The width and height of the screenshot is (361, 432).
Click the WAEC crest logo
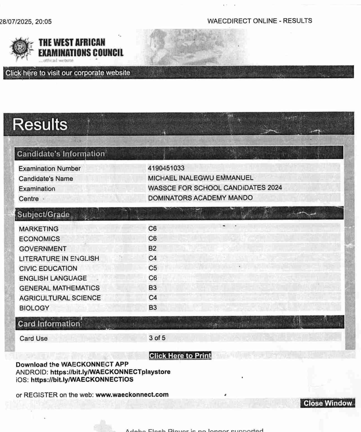[21, 48]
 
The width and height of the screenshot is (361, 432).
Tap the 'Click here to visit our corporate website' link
[68, 73]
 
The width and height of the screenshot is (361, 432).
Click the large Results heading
[40, 124]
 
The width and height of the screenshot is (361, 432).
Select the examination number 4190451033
[166, 168]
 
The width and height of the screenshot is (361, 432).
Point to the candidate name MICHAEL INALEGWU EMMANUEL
[200, 178]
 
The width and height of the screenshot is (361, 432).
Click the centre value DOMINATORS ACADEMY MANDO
[200, 198]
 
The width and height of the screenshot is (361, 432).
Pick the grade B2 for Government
[152, 248]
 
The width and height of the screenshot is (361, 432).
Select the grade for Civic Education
[152, 268]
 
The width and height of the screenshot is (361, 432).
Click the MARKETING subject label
[39, 229]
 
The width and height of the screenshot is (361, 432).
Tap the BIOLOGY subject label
[34, 308]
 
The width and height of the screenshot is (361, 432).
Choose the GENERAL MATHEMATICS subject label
[59, 288]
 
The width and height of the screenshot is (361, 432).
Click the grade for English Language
[152, 278]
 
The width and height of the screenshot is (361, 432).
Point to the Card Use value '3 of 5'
[157, 338]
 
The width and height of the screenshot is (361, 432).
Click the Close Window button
[328, 403]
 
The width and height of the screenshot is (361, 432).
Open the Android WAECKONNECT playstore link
[110, 372]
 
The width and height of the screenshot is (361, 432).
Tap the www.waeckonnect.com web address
[132, 395]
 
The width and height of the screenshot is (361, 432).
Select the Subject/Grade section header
[43, 214]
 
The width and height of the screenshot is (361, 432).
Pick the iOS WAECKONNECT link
[82, 380]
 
